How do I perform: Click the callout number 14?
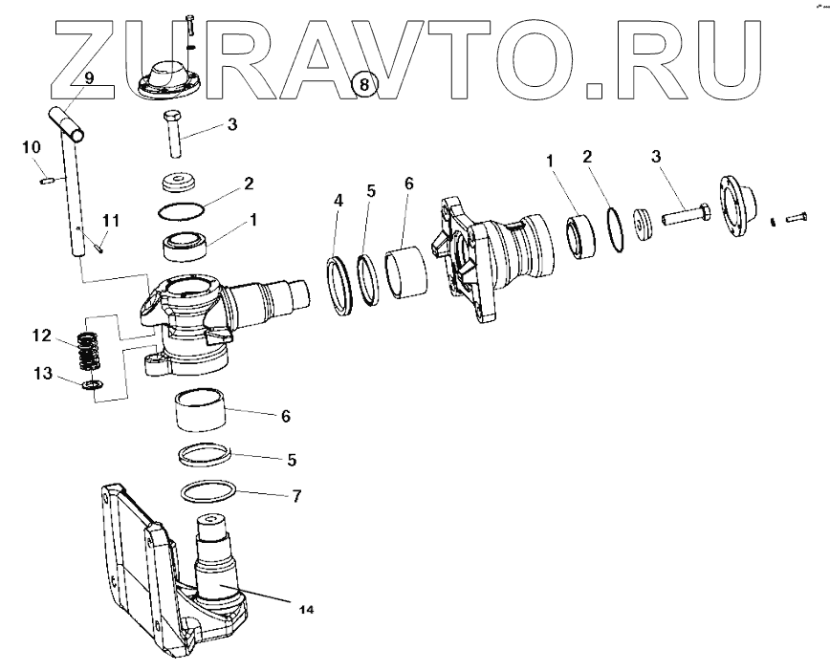click(306, 608)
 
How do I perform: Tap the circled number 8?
click(363, 84)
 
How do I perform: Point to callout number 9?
click(88, 78)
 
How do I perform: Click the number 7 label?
click(296, 496)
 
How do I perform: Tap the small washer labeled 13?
click(90, 384)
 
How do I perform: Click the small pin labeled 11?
click(99, 247)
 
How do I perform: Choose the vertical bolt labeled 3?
click(174, 134)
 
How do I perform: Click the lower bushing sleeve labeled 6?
click(200, 411)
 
